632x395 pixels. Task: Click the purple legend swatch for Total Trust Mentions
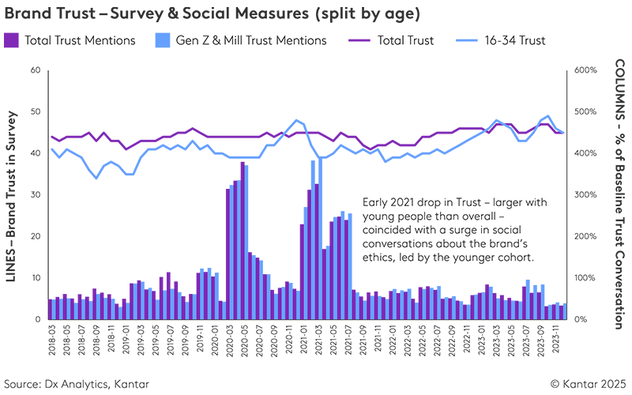[x=11, y=39]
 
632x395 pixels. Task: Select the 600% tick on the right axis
[x=586, y=70]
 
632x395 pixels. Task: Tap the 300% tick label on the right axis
[x=586, y=195]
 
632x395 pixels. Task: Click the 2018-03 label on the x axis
[x=51, y=344]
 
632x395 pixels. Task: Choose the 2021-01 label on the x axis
[x=303, y=344]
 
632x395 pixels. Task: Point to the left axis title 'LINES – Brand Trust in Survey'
[x=13, y=195]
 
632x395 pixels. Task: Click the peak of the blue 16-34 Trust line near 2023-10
[x=548, y=116]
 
